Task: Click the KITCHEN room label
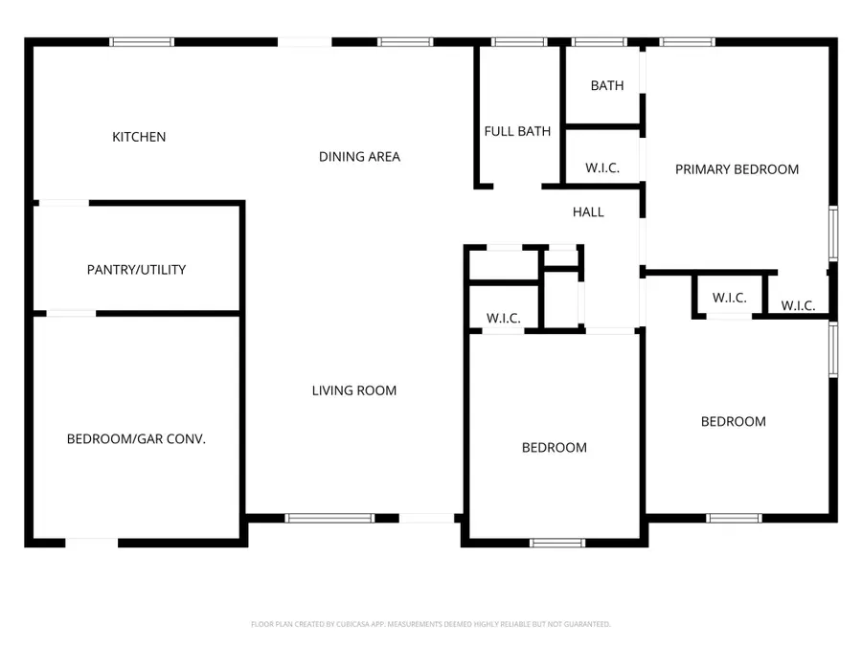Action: (x=139, y=137)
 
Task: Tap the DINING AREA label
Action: (x=359, y=157)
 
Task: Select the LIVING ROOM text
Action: (x=353, y=390)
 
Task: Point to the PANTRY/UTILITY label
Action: (x=136, y=270)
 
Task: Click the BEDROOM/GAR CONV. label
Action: (x=136, y=439)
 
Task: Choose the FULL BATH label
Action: (x=517, y=131)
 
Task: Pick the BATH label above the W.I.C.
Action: (x=606, y=85)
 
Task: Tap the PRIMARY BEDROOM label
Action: (x=737, y=169)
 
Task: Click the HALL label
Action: (x=588, y=212)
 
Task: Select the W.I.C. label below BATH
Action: (x=602, y=168)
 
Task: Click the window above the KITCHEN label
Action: (x=142, y=42)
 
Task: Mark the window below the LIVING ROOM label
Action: (x=329, y=518)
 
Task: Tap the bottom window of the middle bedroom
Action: (x=557, y=543)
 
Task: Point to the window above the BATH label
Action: (x=599, y=42)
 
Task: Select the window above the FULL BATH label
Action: (x=519, y=42)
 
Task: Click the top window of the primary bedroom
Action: (x=687, y=42)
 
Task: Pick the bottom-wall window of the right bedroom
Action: (x=734, y=518)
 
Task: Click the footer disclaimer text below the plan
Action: (x=430, y=624)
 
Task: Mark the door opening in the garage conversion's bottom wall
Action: (x=92, y=543)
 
